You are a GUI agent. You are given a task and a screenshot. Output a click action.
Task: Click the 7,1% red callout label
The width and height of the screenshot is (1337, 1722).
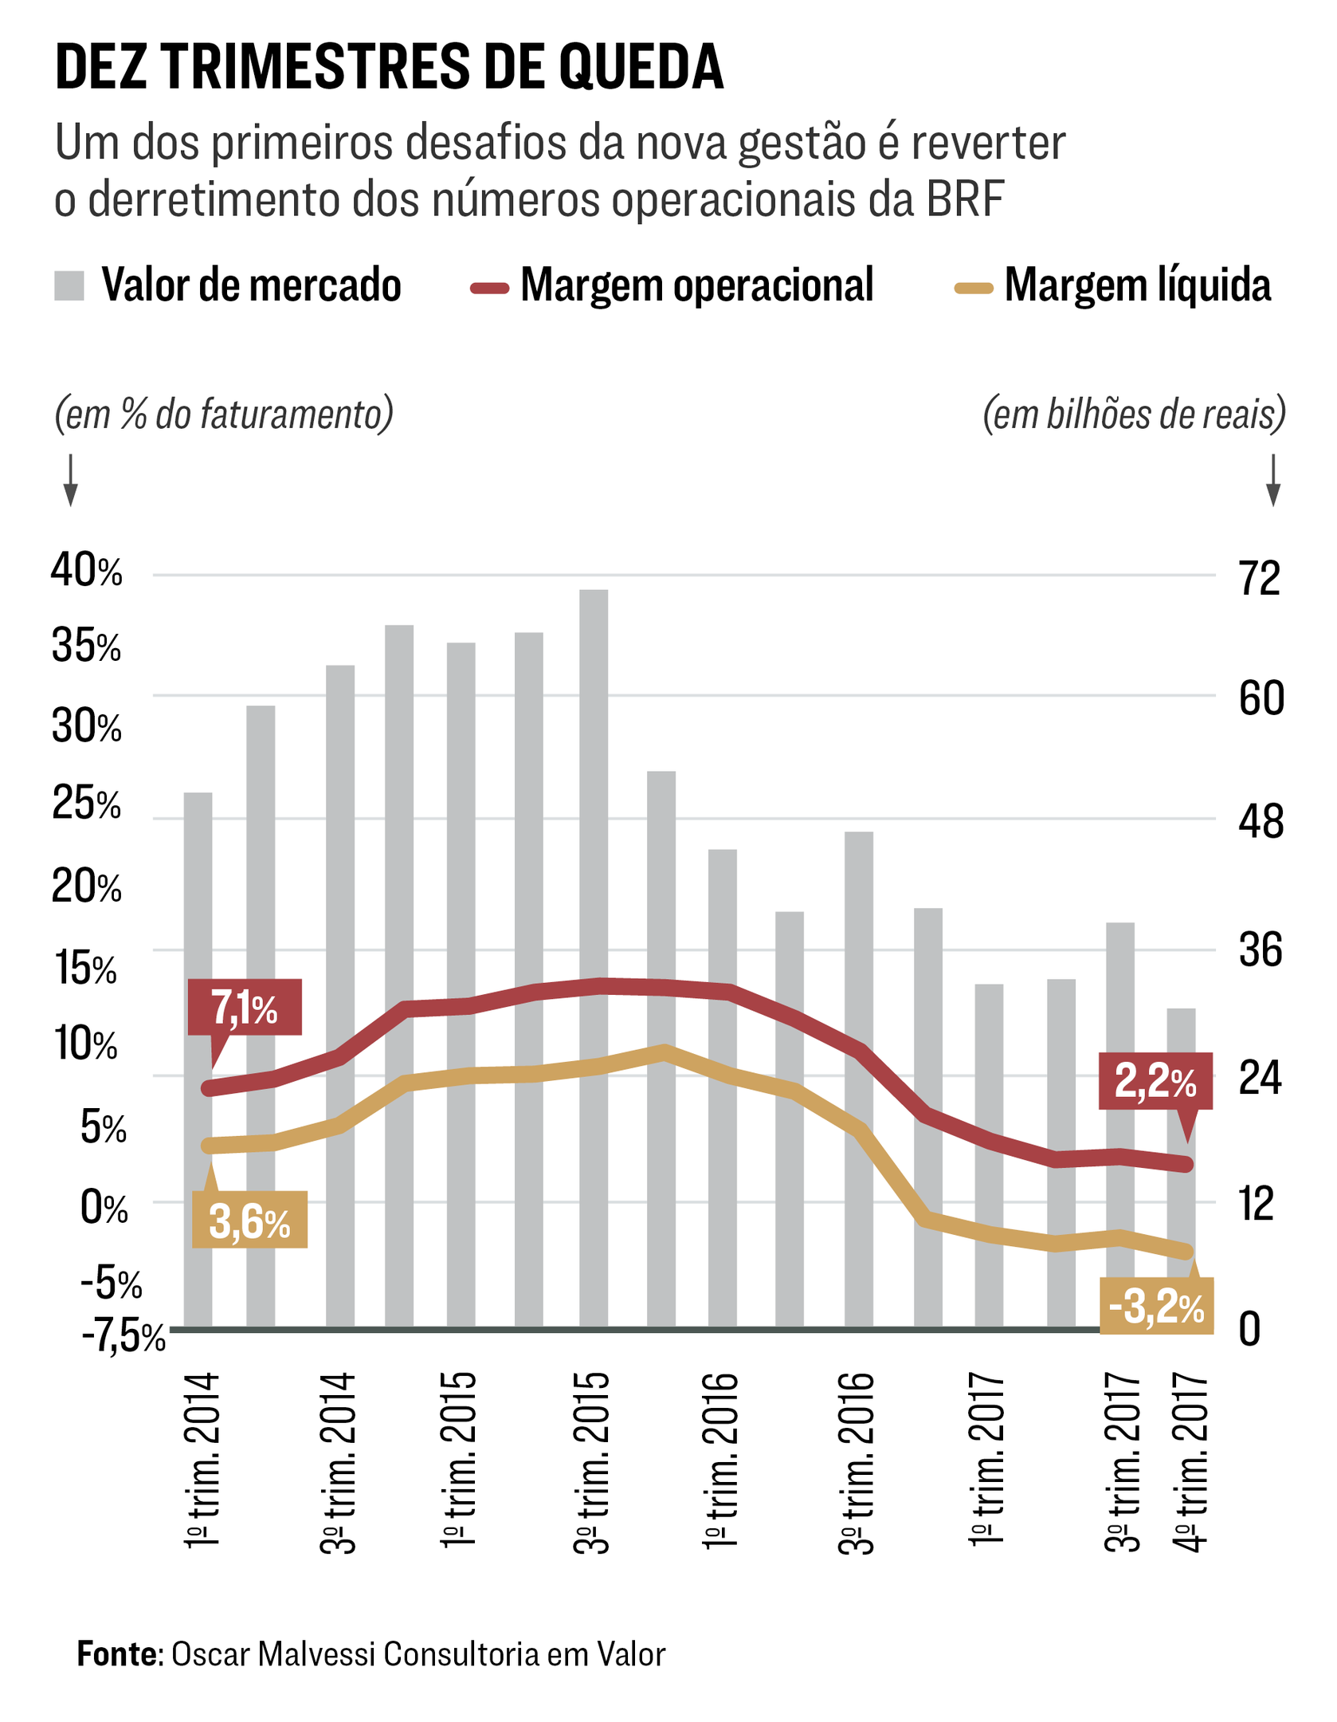pyautogui.click(x=245, y=1007)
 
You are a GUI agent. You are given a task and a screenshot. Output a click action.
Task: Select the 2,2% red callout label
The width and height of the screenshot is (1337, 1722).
pyautogui.click(x=1155, y=1080)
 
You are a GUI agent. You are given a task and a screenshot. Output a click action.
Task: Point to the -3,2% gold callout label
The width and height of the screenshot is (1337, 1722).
pyautogui.click(x=1156, y=1306)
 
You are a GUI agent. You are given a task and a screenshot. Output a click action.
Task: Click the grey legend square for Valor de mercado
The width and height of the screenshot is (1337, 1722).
pyautogui.click(x=69, y=285)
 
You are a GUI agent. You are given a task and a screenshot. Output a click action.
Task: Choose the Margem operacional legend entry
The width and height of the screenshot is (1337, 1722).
pyautogui.click(x=673, y=285)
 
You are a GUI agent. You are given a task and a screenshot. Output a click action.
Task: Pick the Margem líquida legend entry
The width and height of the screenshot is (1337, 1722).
pyautogui.click(x=1113, y=285)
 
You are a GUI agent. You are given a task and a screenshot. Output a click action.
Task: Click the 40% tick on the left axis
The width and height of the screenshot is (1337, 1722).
pyautogui.click(x=86, y=571)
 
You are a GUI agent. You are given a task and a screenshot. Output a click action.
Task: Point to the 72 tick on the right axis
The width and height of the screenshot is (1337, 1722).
pyautogui.click(x=1259, y=578)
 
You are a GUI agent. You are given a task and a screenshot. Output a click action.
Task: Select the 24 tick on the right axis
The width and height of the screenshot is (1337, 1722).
pyautogui.click(x=1260, y=1078)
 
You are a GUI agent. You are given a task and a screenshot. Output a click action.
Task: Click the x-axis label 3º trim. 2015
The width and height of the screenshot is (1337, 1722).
pyautogui.click(x=592, y=1462)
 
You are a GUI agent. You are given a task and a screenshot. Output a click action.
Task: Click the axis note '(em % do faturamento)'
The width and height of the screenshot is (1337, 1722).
pyautogui.click(x=224, y=414)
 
